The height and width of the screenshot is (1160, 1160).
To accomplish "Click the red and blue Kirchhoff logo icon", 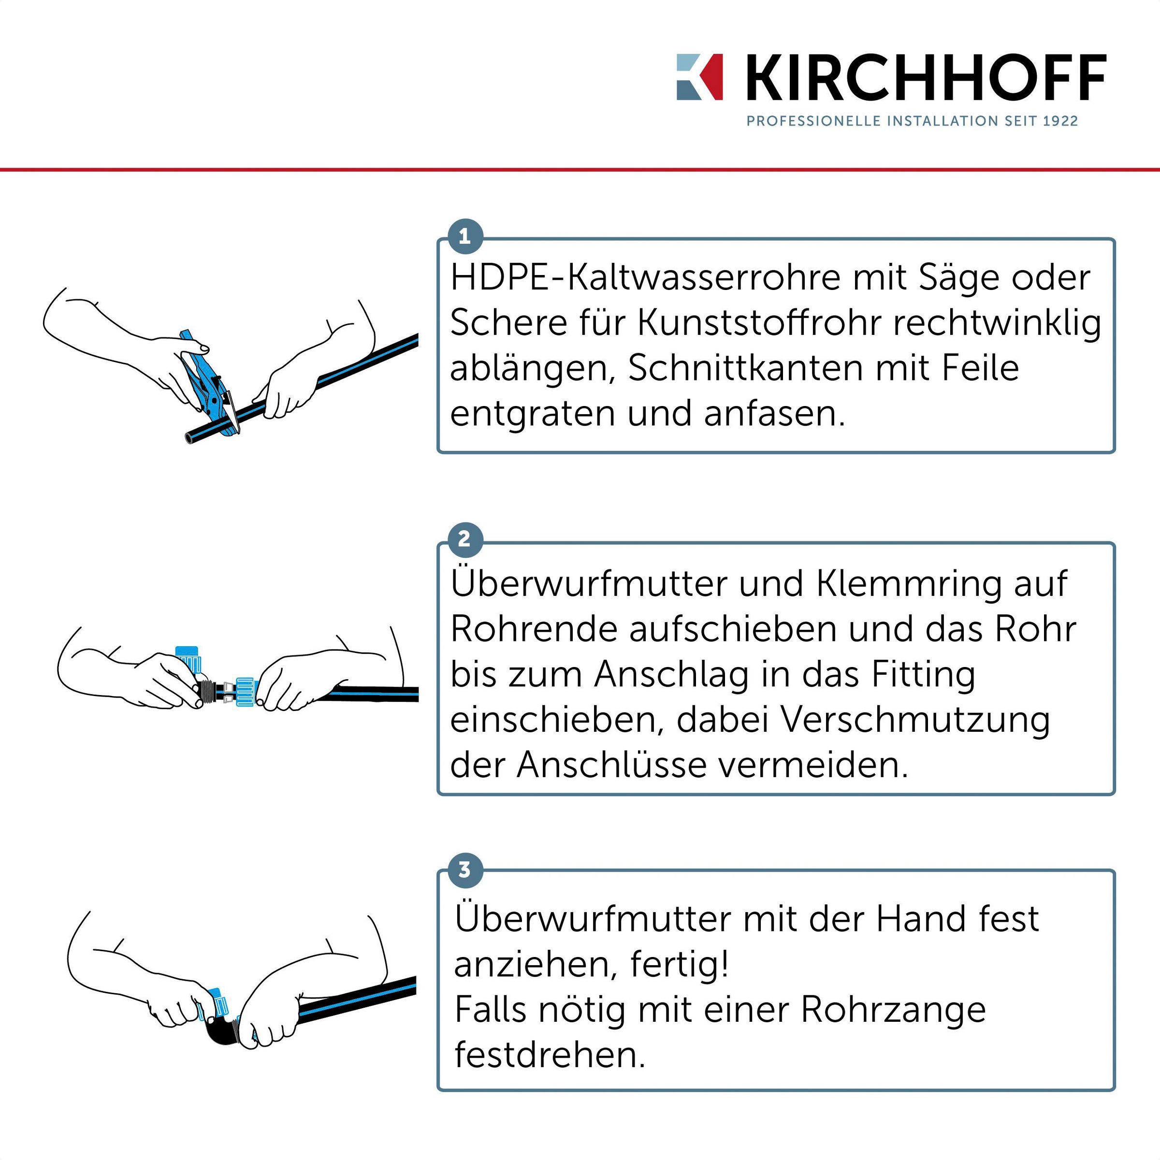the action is point(699,77).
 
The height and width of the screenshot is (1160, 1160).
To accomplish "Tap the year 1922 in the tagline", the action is point(1060,121).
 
